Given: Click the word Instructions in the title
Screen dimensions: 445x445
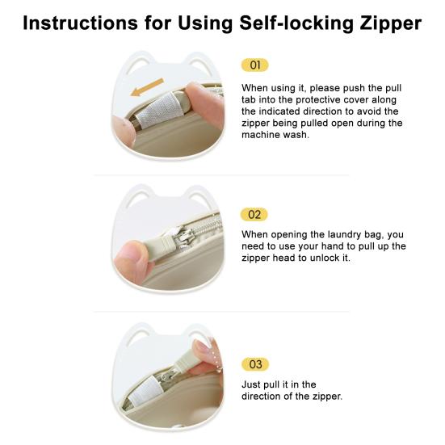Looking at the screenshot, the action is point(80,23).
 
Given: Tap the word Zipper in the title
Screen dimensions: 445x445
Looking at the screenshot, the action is point(391,24).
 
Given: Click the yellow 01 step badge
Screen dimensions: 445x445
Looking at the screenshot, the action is point(255,65).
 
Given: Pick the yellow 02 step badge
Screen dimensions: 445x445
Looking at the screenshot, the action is point(254,215).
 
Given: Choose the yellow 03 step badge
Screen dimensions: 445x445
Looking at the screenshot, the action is point(255,364).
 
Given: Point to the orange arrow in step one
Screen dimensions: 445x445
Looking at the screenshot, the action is point(147,87).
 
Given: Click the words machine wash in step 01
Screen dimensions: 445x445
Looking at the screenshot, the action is point(275,135).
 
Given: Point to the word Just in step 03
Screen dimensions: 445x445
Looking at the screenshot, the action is point(250,384).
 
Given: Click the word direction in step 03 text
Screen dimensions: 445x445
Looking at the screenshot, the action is point(260,397).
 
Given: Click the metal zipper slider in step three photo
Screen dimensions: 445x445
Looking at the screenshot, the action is point(165,377).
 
